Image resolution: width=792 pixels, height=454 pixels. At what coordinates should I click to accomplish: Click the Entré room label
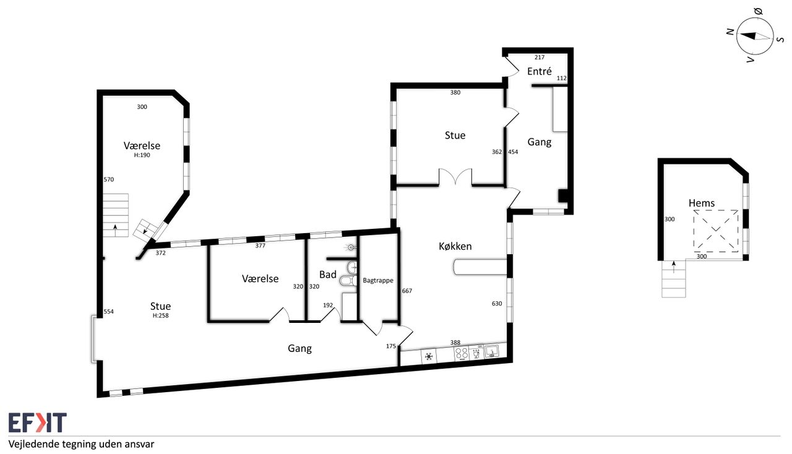[x=539, y=71]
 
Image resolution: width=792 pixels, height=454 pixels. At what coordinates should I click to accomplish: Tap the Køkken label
[x=455, y=246]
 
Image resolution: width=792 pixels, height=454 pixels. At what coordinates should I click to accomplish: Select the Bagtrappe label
[x=378, y=280]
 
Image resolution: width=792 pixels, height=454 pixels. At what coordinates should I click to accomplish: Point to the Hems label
[x=702, y=203]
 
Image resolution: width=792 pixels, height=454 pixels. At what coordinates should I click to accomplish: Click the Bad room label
[x=328, y=275]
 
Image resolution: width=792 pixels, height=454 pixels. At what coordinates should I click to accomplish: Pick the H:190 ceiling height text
[x=142, y=155]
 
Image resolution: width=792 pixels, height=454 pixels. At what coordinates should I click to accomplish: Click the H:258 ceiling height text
[x=160, y=315]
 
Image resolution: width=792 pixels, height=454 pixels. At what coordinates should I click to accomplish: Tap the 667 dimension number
[x=407, y=291]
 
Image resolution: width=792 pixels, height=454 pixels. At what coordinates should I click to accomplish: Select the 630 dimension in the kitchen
[x=497, y=303]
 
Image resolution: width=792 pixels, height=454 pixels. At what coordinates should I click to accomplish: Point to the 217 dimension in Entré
[x=540, y=58]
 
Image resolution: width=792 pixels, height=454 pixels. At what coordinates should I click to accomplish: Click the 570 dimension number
[x=109, y=179]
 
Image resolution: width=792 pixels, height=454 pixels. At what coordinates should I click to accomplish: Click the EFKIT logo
[x=38, y=422]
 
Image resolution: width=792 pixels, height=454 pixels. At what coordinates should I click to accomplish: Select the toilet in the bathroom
[x=348, y=281]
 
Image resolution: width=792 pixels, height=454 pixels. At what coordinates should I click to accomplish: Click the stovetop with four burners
[x=462, y=354]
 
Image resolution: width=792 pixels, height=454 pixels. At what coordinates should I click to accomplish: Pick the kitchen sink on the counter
[x=491, y=351]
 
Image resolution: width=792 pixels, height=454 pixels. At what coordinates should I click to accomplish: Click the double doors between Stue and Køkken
[x=455, y=177]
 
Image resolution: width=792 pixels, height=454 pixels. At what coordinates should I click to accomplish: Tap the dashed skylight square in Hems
[x=716, y=231]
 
